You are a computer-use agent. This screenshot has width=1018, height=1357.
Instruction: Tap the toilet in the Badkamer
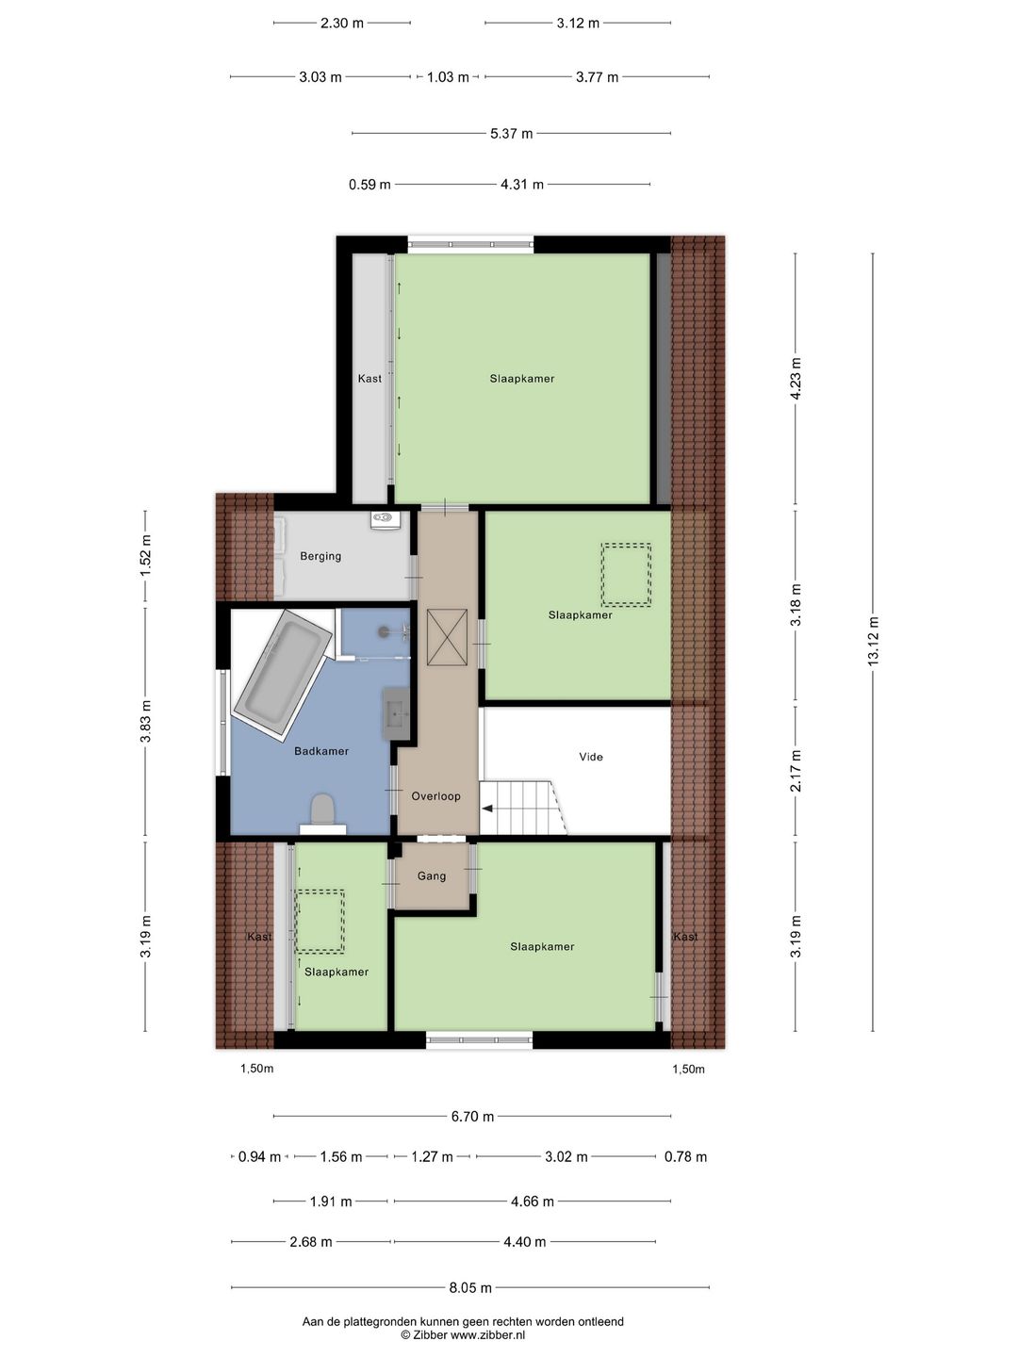click(x=322, y=809)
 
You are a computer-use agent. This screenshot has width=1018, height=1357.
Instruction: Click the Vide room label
click(x=591, y=757)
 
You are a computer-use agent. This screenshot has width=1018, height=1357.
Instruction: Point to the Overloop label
click(x=435, y=796)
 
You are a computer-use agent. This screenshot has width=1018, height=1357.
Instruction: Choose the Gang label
click(x=432, y=876)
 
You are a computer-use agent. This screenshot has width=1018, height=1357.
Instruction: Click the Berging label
click(x=320, y=557)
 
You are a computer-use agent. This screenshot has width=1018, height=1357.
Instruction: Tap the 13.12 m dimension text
click(x=873, y=642)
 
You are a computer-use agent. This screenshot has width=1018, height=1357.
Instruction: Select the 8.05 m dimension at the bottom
click(x=470, y=1288)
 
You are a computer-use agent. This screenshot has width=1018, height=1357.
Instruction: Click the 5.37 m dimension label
click(x=511, y=134)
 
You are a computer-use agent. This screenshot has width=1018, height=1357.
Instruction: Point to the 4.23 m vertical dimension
click(x=796, y=379)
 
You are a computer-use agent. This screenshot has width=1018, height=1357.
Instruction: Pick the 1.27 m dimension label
click(x=432, y=1157)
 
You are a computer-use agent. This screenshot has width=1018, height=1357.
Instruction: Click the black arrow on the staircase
click(x=487, y=808)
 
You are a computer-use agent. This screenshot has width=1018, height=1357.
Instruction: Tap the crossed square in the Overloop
click(x=447, y=637)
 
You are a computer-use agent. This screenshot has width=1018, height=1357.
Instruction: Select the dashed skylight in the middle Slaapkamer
click(x=626, y=575)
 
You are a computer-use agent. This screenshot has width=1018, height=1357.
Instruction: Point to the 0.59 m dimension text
click(x=369, y=186)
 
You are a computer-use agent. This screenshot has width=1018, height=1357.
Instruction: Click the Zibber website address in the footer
click(x=487, y=1335)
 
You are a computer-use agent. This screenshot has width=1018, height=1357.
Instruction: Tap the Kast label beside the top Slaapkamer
click(x=369, y=379)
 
